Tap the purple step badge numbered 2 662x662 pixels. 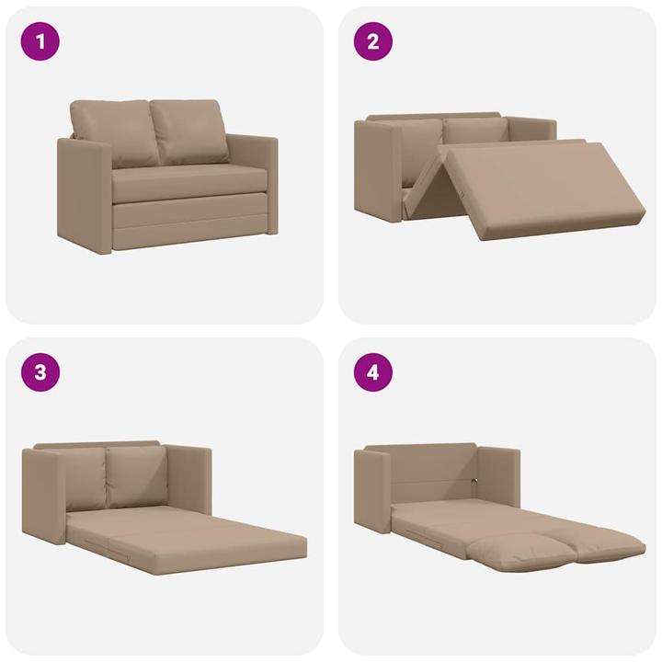[x=373, y=41]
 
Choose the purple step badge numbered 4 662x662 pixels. [x=373, y=372]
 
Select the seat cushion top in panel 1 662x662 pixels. [x=188, y=178]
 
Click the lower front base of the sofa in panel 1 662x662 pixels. [x=188, y=223]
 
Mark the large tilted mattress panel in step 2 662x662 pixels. [x=542, y=188]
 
